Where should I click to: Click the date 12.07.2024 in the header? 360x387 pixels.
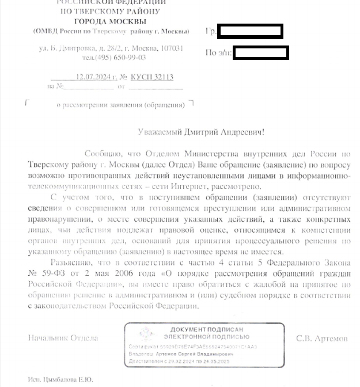(x=94, y=77)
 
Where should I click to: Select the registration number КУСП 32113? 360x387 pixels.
(x=152, y=77)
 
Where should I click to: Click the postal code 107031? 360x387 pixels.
(x=172, y=48)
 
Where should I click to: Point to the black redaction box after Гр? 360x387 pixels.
(x=250, y=31)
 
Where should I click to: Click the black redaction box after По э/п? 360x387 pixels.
(x=260, y=53)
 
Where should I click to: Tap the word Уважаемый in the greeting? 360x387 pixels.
(x=158, y=132)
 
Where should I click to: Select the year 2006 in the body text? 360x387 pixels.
(x=123, y=274)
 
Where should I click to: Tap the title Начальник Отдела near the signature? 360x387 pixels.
(x=63, y=338)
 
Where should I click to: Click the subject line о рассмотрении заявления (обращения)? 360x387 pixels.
(x=120, y=105)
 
